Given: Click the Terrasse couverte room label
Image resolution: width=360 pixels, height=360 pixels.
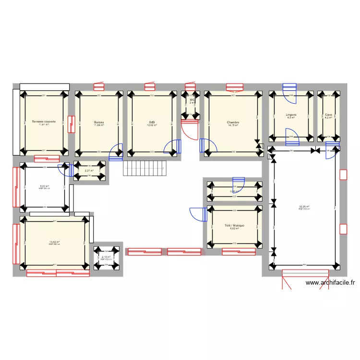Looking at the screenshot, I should (x=44, y=122).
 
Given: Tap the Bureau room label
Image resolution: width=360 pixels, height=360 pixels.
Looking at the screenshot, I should (x=99, y=122).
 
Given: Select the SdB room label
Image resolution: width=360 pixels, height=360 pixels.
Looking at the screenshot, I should (x=152, y=122).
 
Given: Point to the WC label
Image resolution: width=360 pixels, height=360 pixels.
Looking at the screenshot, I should (x=192, y=100).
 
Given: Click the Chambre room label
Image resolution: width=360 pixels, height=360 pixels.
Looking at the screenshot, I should (x=233, y=122).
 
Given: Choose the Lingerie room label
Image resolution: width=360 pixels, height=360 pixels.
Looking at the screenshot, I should (x=291, y=115).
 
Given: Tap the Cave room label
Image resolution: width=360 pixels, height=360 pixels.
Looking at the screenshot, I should (x=328, y=115).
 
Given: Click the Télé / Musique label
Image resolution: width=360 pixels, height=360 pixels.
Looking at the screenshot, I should (x=234, y=225).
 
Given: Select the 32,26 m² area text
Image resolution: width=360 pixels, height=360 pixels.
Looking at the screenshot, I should (x=304, y=207).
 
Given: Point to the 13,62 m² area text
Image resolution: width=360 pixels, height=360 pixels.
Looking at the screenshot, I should (x=54, y=242).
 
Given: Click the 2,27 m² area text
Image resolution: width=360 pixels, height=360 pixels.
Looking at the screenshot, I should (x=89, y=170).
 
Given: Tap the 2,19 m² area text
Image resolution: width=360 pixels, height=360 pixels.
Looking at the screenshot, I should (x=106, y=257).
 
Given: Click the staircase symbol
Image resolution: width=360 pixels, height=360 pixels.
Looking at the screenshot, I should (x=144, y=168).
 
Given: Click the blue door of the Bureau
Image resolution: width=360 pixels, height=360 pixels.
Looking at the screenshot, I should (x=116, y=152).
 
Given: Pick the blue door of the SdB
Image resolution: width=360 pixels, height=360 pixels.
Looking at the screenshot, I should (x=172, y=147).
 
